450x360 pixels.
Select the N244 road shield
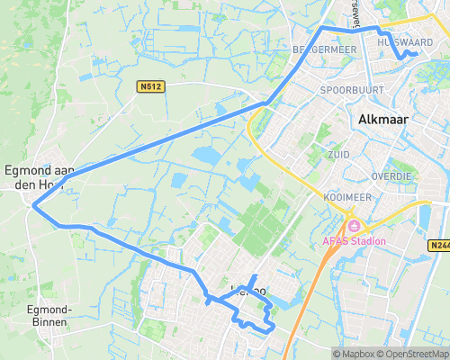tap(438, 244)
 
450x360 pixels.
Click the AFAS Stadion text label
tap(355, 240)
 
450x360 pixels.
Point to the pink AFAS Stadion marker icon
tap(354, 225)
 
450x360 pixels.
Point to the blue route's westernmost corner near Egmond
tap(34, 206)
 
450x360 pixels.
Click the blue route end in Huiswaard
tap(416, 54)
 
